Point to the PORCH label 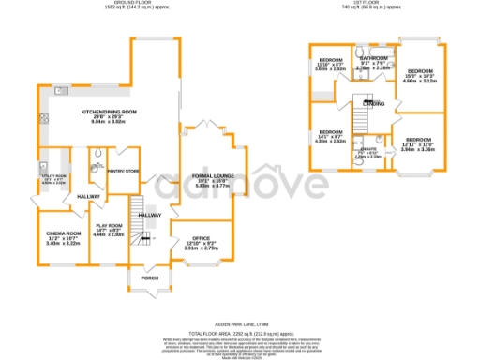150,277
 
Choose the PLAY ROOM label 109,226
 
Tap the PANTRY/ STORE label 123,171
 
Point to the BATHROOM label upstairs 372,58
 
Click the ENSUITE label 368,149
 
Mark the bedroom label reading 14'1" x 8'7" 329,131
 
